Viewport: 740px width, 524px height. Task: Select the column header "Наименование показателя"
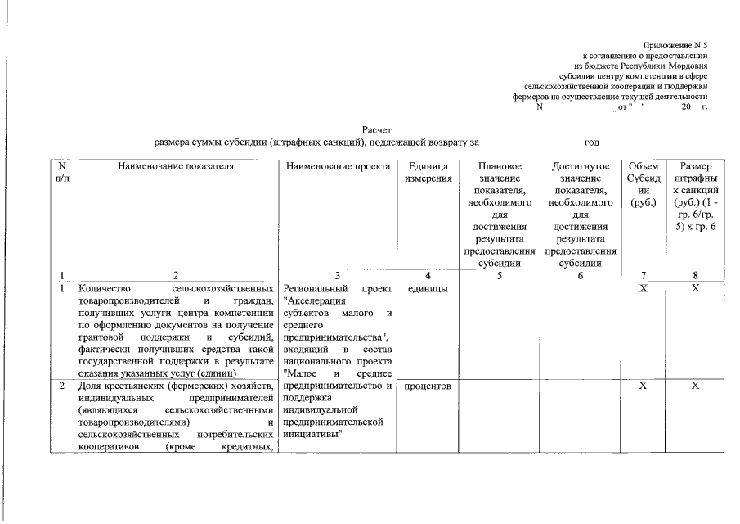click(176, 166)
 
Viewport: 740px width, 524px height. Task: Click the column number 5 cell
click(498, 276)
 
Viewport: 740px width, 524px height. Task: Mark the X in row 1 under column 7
click(643, 289)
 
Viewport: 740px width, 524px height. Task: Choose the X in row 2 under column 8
click(695, 386)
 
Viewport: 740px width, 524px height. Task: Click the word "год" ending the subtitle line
click(593, 142)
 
